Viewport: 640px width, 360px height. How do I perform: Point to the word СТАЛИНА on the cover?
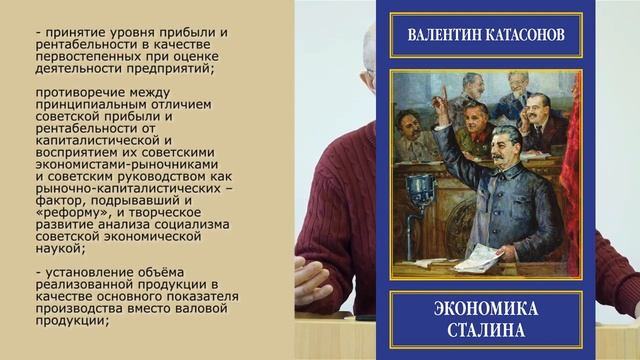click(486, 330)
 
